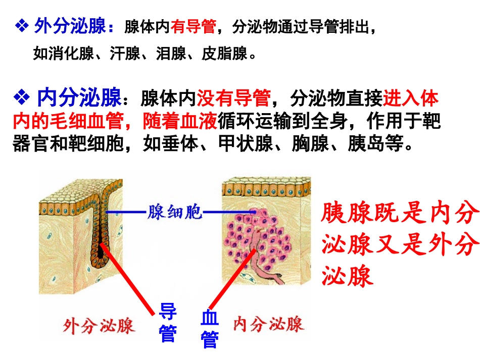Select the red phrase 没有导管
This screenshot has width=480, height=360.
pos(233,98)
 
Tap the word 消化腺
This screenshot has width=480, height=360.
pos(64,53)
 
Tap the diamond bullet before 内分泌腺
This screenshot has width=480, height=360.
pos(22,98)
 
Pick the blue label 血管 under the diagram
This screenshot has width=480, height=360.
pos(209,328)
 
